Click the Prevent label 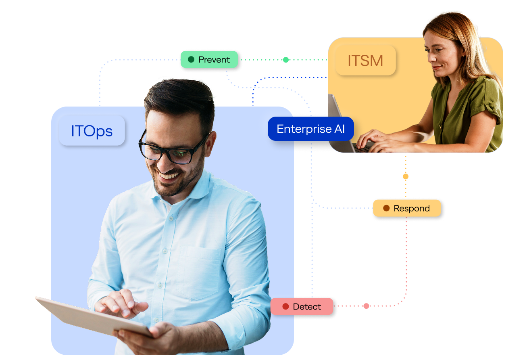pos(209,60)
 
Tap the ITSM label pos(365,61)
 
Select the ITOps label pos(92,131)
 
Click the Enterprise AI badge pos(310,129)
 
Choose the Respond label pos(406,208)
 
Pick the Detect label pos(302,307)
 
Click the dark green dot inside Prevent pos(191,60)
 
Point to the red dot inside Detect pos(285,307)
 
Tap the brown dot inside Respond pos(386,208)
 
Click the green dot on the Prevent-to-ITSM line pos(286,60)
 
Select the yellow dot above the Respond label pos(406,176)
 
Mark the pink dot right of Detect pos(366,306)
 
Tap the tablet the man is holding pos(81,317)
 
